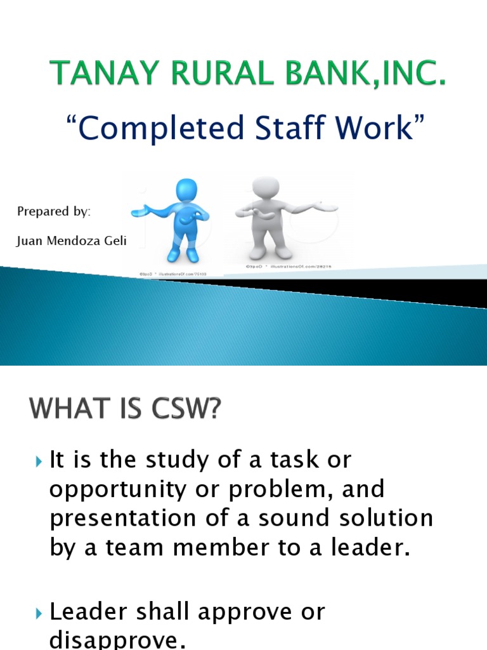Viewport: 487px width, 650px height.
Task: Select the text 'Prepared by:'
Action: point(54,211)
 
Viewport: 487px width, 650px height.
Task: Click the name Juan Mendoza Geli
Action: point(68,241)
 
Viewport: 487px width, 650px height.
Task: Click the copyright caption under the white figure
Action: point(288,267)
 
